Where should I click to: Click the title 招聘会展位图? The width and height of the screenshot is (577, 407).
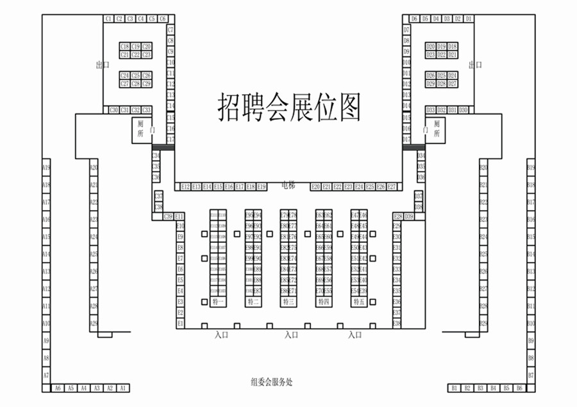(289, 107)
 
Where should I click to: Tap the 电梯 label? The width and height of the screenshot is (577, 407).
(288, 185)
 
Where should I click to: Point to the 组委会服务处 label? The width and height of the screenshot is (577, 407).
(271, 382)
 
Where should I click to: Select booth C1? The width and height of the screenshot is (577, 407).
(108, 19)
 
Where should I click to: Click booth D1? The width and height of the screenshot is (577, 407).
(469, 19)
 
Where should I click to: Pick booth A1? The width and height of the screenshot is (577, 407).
(123, 388)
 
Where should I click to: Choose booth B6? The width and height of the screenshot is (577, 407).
(520, 388)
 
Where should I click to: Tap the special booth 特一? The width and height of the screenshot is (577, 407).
(218, 301)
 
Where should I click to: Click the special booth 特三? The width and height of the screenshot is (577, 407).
(288, 301)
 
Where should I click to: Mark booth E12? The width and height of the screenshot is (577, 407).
(186, 187)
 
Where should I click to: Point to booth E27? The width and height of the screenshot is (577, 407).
(392, 187)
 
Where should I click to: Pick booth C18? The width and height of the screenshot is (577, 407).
(125, 46)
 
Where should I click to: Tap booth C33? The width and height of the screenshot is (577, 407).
(146, 110)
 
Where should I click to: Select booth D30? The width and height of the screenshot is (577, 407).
(463, 110)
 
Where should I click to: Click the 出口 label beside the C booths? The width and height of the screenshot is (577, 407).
(101, 65)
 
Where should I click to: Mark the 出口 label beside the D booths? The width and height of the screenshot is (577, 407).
(475, 65)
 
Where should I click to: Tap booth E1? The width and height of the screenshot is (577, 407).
(180, 324)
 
